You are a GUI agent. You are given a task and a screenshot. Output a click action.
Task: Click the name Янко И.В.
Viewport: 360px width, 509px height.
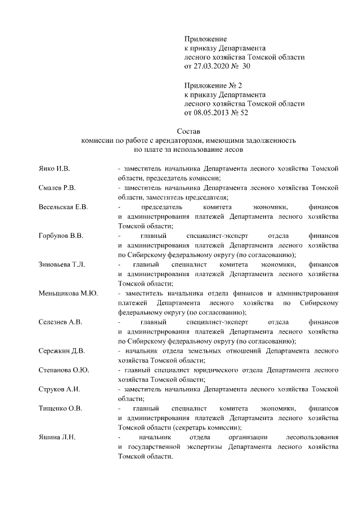54,168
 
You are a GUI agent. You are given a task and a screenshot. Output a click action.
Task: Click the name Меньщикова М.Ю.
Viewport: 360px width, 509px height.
68,293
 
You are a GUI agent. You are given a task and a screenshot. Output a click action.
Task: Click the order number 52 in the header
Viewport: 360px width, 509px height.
244,112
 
